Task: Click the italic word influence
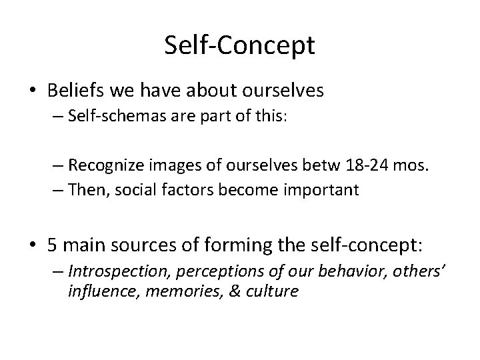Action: pyautogui.click(x=100, y=291)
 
